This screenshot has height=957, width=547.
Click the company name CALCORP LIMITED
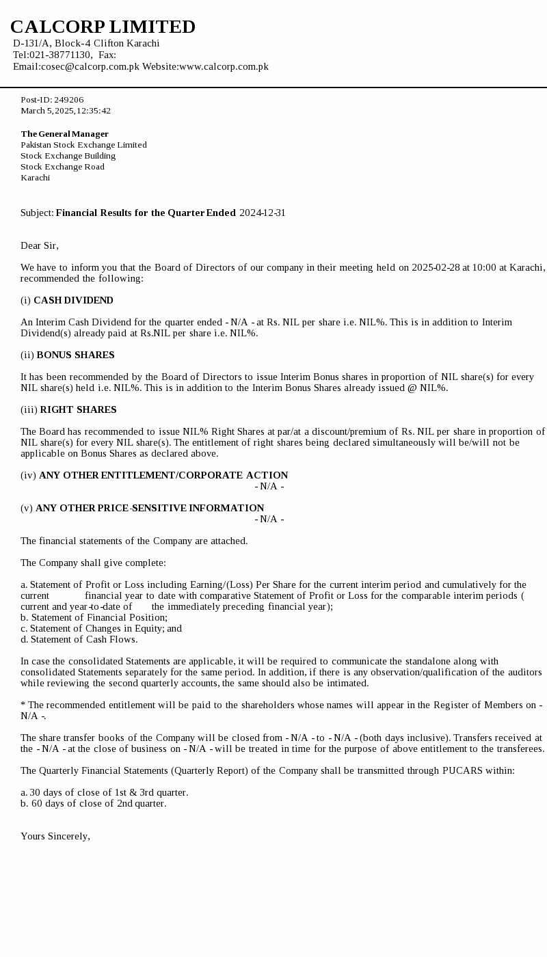(x=103, y=27)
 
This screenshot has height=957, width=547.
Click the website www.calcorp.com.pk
(x=224, y=66)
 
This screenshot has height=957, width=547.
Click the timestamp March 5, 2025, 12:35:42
(x=66, y=111)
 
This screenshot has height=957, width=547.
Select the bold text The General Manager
(x=64, y=134)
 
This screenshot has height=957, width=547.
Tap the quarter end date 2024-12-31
(x=262, y=213)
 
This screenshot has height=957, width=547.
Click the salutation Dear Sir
(x=40, y=245)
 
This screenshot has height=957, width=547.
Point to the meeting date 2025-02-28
(x=436, y=267)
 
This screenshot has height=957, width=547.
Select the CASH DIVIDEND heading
(x=73, y=300)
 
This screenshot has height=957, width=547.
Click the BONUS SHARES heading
(x=75, y=355)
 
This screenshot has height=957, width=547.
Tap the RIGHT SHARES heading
(x=78, y=409)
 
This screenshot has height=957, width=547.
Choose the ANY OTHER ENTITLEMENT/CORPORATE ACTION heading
(x=163, y=475)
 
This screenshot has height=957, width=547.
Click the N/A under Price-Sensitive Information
(x=269, y=519)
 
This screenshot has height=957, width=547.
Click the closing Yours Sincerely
(x=55, y=836)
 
